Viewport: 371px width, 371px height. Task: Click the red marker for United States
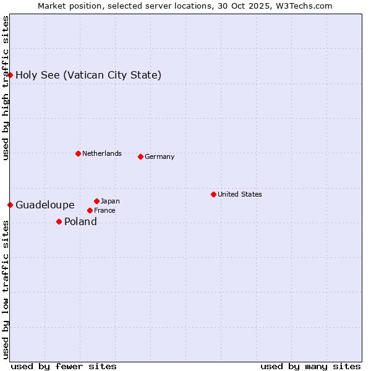[x=213, y=194]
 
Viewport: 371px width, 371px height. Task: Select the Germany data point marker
[x=140, y=156]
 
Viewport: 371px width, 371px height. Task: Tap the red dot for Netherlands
[x=78, y=153]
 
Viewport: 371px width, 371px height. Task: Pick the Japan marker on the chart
[x=96, y=201]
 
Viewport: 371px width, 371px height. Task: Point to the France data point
[x=90, y=210]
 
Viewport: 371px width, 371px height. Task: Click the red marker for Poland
[x=59, y=221]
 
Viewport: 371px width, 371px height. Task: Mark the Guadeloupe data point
[x=10, y=205]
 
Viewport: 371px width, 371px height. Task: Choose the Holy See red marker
[x=10, y=75]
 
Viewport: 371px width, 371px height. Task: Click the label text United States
[x=239, y=194]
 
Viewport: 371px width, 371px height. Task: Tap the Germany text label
[x=160, y=156]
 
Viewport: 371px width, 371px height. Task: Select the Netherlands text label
[x=101, y=153]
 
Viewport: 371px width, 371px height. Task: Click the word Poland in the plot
[x=80, y=221]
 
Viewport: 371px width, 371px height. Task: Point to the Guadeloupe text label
[x=45, y=205]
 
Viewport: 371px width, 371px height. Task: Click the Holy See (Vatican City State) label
[x=88, y=75]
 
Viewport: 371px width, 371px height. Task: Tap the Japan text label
[x=110, y=201]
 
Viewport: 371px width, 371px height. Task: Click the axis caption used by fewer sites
[x=64, y=366]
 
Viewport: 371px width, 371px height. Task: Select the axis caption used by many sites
[x=310, y=366]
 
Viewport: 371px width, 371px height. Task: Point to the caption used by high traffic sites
[x=6, y=88]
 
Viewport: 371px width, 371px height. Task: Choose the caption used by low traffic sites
[x=6, y=289]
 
